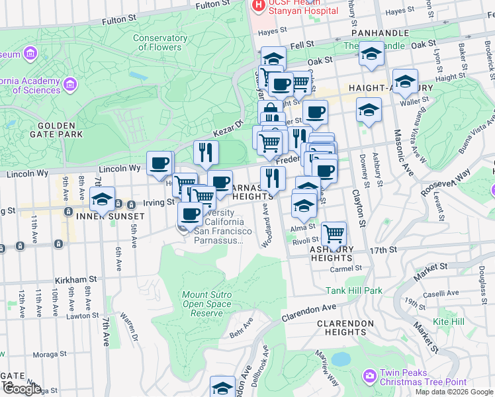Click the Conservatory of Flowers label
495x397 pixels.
tap(159, 42)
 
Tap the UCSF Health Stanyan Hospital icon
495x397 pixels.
tap(257, 5)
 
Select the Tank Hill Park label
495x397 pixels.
tap(354, 290)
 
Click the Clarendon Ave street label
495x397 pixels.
tap(309, 312)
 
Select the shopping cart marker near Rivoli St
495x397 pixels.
tap(334, 234)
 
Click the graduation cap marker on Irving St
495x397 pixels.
tap(103, 199)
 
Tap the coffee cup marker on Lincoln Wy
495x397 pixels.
tap(159, 163)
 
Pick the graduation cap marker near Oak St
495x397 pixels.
tap(371, 54)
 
